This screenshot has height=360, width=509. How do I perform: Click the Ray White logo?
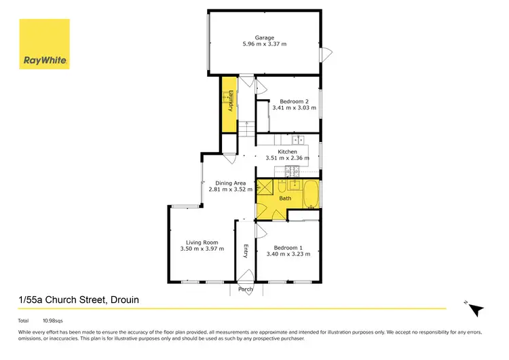(44, 44)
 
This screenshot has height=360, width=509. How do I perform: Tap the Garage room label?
(264, 37)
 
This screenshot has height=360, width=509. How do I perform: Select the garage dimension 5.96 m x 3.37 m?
(264, 44)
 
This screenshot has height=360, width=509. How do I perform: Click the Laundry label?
(231, 100)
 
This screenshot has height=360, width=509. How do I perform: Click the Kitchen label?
(287, 151)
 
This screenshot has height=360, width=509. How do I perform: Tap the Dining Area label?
(230, 183)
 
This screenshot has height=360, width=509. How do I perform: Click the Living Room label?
(202, 242)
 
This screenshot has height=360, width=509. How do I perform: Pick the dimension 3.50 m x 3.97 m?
(202, 249)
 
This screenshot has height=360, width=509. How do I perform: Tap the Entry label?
(245, 251)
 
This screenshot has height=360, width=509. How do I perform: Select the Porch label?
(245, 289)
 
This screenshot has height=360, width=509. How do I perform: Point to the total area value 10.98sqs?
(52, 320)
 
